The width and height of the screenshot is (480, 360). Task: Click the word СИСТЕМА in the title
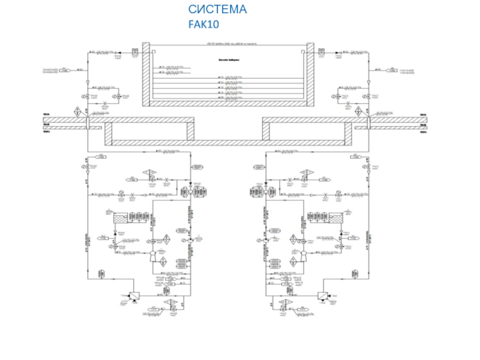pos(217,10)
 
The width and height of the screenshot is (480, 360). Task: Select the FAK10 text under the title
pos(204,25)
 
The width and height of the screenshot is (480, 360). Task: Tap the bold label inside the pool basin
pos(228,59)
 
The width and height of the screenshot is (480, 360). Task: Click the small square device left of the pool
pos(134,53)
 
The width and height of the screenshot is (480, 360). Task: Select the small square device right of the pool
pos(322,53)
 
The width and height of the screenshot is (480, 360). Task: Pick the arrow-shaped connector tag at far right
pos(386,70)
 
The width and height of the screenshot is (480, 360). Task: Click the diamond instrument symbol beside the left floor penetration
pos(77,112)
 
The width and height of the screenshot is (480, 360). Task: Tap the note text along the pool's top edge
pos(228,44)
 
